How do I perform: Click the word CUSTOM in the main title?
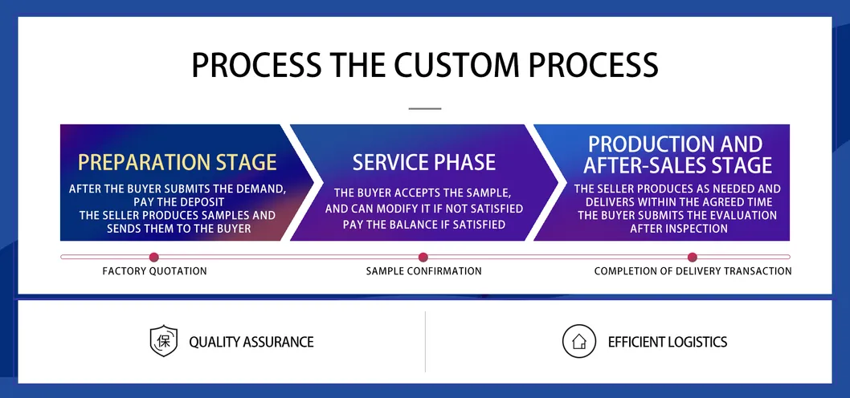tap(451, 65)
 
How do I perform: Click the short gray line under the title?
tap(425, 108)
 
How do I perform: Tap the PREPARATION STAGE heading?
tap(177, 162)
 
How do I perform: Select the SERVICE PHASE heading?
tap(423, 162)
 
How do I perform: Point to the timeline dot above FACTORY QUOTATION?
tap(154, 257)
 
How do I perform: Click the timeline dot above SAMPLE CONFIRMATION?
tap(423, 257)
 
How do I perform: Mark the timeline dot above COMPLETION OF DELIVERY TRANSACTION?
tap(693, 257)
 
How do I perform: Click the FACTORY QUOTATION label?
tap(154, 271)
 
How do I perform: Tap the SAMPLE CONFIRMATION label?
tap(423, 271)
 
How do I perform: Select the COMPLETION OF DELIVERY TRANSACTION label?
tap(693, 271)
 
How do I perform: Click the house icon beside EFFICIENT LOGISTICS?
tap(578, 341)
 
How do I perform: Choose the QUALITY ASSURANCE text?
tap(251, 342)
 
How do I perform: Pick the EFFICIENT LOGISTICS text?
tap(667, 342)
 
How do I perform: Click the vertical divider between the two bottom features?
tap(425, 342)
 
